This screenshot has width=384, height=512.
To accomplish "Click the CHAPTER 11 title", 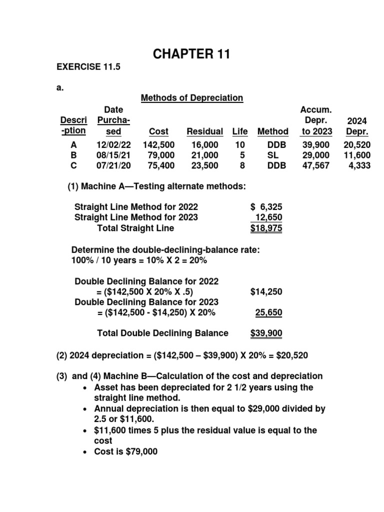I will pos(191,54).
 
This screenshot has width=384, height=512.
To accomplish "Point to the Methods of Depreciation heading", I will pos(192,98).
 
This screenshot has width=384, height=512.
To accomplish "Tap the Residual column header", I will pos(204,131).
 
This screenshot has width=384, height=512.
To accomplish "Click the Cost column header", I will pos(158,131).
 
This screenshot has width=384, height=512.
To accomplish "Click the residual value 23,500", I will pos(205,165).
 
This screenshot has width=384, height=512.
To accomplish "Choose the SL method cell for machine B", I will pos(272,155).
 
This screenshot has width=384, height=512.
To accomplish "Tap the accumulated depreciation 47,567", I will pos(316,165).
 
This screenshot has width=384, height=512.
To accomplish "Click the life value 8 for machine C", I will pos(242,165).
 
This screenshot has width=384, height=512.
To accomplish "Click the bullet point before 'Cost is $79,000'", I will pos(87,452).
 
